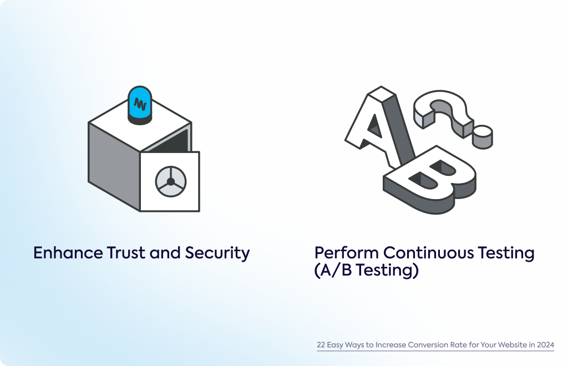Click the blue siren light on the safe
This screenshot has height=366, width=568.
click(x=140, y=105)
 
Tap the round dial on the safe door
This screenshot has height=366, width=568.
click(x=171, y=181)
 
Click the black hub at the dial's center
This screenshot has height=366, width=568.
click(x=171, y=181)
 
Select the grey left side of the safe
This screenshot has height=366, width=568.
click(x=114, y=166)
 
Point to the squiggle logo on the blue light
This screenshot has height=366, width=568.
click(x=140, y=104)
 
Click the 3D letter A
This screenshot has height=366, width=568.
click(x=381, y=126)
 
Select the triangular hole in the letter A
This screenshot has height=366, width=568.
click(x=375, y=126)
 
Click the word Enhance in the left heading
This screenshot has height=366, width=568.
click(x=68, y=253)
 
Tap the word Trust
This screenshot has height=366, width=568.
click(x=126, y=253)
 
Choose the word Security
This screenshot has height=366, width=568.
click(x=217, y=253)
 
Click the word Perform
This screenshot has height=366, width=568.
click(x=347, y=253)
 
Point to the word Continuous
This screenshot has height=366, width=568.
click(x=429, y=253)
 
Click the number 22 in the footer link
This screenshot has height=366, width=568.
click(x=321, y=344)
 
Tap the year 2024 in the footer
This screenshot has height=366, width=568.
click(x=546, y=344)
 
